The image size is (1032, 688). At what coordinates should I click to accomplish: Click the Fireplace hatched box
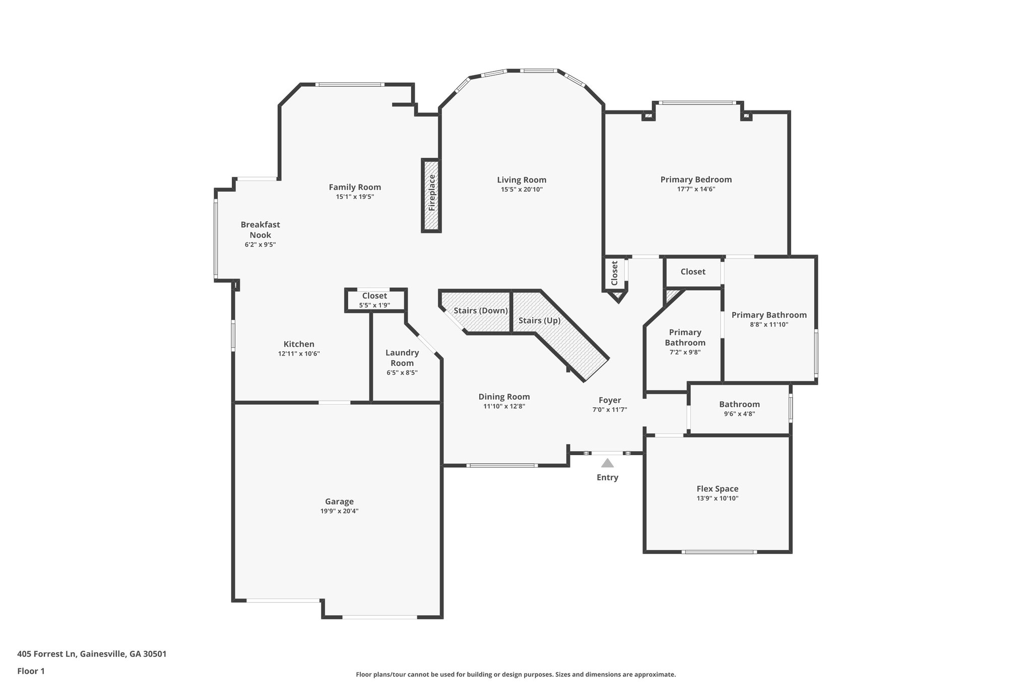click(x=431, y=196)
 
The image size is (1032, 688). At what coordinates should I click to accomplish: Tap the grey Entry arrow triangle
click(x=607, y=463)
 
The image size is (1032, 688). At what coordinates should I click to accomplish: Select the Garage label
click(x=339, y=502)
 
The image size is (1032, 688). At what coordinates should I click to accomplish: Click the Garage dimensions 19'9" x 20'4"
click(x=339, y=511)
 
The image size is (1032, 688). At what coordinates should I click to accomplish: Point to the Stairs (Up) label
click(x=539, y=321)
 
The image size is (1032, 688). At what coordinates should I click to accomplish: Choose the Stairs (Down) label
click(x=481, y=310)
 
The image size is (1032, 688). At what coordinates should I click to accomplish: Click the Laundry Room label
click(x=402, y=358)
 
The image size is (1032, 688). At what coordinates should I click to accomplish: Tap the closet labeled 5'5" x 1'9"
click(x=374, y=300)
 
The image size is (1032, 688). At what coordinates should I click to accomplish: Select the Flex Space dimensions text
click(x=718, y=498)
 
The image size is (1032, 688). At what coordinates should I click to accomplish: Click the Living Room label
click(x=522, y=180)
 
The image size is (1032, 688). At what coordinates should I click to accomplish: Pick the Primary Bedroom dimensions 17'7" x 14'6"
click(x=696, y=190)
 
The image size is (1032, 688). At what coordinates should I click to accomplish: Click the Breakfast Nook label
click(x=260, y=230)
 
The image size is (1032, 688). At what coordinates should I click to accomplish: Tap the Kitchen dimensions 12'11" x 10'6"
click(x=299, y=354)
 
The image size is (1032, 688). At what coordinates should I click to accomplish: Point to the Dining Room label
click(x=504, y=397)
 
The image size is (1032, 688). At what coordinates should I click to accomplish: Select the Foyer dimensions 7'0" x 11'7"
click(x=610, y=410)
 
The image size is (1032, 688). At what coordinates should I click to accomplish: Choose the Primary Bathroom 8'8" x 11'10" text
click(x=769, y=320)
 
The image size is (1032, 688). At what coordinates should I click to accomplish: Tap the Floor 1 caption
click(x=31, y=671)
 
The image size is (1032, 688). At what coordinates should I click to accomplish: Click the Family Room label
click(x=355, y=187)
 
